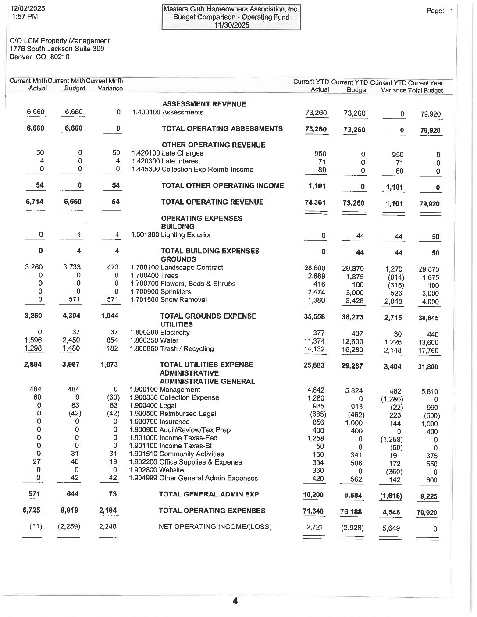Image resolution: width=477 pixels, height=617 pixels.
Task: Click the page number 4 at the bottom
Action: tap(235, 601)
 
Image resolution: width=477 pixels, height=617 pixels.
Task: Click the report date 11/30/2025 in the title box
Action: tap(231, 25)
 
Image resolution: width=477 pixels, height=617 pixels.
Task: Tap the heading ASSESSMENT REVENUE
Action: tap(204, 104)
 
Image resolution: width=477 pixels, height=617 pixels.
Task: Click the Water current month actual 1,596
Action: tap(33, 340)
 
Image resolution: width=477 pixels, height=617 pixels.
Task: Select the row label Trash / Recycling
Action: tap(187, 349)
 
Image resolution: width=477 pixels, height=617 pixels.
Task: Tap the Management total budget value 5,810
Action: tap(430, 392)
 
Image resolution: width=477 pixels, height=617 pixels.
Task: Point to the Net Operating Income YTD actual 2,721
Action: tap(316, 527)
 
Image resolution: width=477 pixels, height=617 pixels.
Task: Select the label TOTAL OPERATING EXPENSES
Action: tap(212, 511)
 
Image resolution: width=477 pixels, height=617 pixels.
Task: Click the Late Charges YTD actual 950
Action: tap(320, 153)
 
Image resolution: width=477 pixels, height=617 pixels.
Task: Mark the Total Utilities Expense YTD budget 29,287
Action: tap(352, 366)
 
